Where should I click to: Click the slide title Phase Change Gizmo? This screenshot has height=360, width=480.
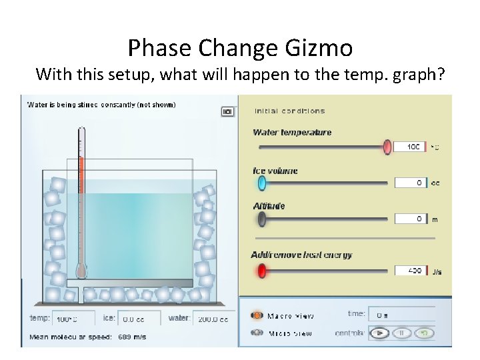click(x=240, y=48)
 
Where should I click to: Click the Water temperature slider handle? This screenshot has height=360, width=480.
click(x=387, y=147)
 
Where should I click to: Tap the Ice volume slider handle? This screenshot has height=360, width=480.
click(x=261, y=183)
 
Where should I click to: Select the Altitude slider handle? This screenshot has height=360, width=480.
click(x=261, y=219)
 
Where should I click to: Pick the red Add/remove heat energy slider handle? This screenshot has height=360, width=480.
click(x=262, y=271)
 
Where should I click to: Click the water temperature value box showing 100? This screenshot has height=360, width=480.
click(x=410, y=147)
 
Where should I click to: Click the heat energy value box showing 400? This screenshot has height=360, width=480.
click(x=410, y=271)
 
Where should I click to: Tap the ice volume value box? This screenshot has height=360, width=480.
click(x=410, y=183)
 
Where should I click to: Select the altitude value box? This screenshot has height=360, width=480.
click(x=410, y=219)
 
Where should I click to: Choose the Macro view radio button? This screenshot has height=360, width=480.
click(x=257, y=315)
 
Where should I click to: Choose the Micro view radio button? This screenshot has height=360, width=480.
click(x=257, y=333)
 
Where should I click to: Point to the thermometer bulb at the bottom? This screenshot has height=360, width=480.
click(x=81, y=271)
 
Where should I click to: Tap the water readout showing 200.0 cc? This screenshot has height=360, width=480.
click(x=213, y=319)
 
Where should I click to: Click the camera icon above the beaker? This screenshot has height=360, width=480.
click(x=227, y=111)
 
